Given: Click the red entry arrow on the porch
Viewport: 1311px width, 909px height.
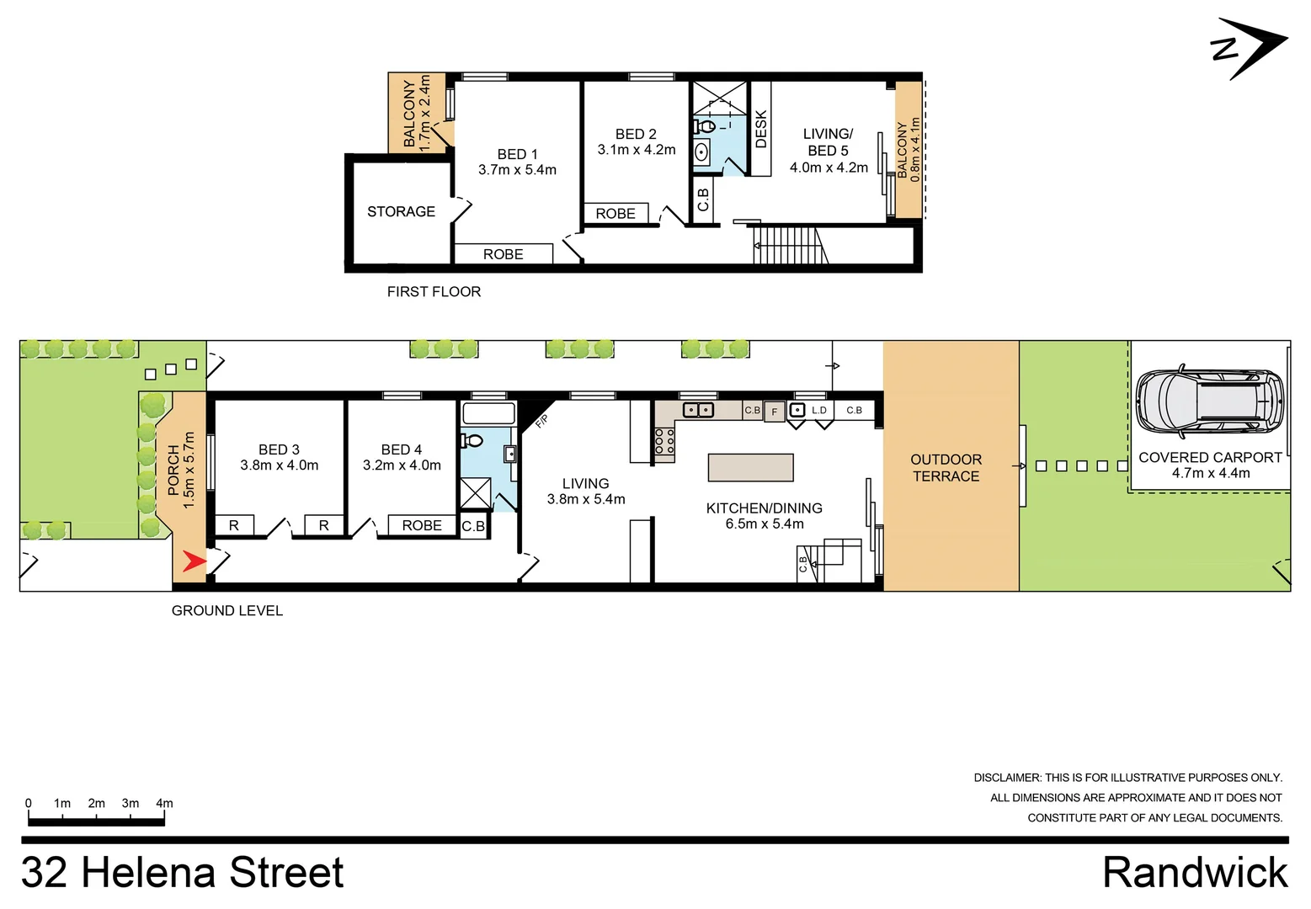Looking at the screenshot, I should [194, 561].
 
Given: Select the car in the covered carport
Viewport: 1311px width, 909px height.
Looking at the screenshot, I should [1209, 402].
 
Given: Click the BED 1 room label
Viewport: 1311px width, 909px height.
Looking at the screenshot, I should [517, 155].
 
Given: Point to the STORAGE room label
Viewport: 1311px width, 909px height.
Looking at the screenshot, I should [401, 212].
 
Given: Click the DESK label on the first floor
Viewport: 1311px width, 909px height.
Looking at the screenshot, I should [761, 129].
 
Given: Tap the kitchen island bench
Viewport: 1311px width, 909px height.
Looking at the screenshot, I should [750, 468].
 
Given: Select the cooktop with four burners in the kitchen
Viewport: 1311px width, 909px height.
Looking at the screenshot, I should [664, 441].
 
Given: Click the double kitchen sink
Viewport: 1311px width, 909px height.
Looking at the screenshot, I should [698, 411].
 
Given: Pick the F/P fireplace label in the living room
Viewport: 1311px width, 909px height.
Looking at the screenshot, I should [541, 421].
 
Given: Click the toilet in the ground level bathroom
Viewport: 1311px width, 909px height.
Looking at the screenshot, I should [472, 440].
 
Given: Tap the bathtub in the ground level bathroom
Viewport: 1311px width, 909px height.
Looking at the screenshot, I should [488, 413].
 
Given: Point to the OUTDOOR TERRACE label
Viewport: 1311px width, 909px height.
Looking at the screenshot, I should [946, 468].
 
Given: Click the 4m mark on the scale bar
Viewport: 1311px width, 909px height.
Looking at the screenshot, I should [164, 804].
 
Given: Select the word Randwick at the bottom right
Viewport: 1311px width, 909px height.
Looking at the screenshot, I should [1195, 873].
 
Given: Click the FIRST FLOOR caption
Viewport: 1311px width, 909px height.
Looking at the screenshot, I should [434, 292].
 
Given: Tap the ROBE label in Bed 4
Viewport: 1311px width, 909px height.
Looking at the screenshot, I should [421, 526].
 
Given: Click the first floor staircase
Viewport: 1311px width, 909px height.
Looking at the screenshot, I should [786, 245].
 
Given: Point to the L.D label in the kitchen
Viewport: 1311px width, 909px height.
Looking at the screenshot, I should [818, 411].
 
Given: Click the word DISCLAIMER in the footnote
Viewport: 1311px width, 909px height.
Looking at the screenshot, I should [1006, 779].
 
